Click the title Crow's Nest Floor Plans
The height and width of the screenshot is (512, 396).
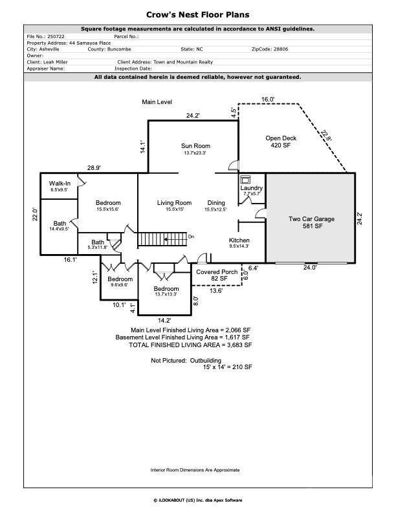click(x=198, y=14)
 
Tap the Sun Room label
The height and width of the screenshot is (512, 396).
click(x=195, y=146)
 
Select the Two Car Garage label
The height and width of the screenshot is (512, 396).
click(x=311, y=219)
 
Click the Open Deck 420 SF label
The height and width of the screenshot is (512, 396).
click(x=280, y=142)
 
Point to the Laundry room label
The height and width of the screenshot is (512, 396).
click(x=251, y=188)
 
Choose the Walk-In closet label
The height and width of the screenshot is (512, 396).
click(x=60, y=184)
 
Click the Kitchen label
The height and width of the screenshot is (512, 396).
click(x=239, y=240)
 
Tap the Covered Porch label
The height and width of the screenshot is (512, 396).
click(x=216, y=272)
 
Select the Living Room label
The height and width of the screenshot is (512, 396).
click(x=174, y=203)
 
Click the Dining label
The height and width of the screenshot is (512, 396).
click(x=215, y=203)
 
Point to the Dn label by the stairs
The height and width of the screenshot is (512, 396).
click(x=191, y=237)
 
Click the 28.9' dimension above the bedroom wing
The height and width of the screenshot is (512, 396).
click(x=94, y=168)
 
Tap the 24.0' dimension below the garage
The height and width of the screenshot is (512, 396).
click(x=310, y=267)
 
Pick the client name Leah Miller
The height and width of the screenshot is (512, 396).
click(x=58, y=62)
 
